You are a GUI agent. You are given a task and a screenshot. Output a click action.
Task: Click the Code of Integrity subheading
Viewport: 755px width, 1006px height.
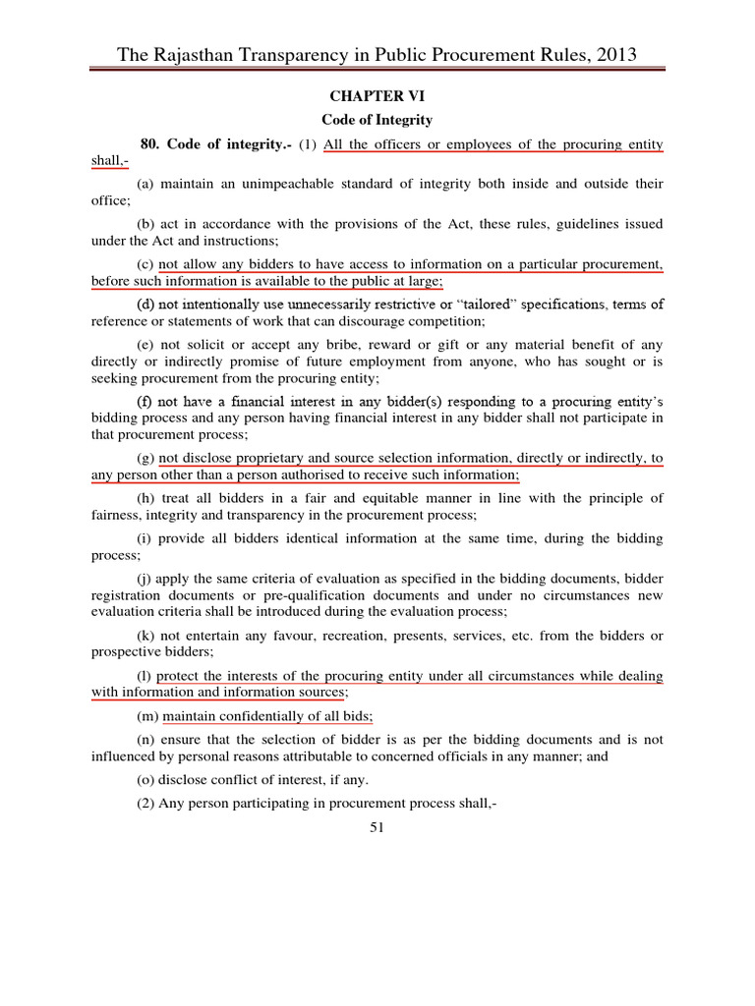pyautogui.click(x=377, y=120)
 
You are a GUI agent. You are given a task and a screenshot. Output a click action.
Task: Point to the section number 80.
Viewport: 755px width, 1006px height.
pyautogui.click(x=150, y=144)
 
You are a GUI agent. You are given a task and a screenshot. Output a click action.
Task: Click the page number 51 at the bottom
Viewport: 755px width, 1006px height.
pyautogui.click(x=377, y=827)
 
